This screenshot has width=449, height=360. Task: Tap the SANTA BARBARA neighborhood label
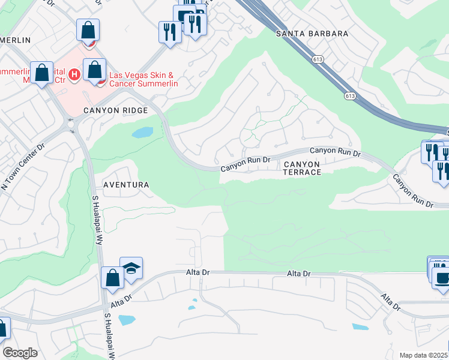pyautogui.click(x=312, y=34)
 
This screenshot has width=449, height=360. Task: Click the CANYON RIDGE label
pyautogui.click(x=115, y=110)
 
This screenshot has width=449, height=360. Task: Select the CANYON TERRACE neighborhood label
pyautogui.click(x=302, y=167)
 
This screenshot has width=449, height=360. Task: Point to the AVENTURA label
pyautogui.click(x=125, y=185)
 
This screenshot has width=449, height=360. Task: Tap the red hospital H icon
pyautogui.click(x=74, y=74)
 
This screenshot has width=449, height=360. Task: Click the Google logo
pyautogui.click(x=20, y=353)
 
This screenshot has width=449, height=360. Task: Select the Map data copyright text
pyautogui.click(x=424, y=355)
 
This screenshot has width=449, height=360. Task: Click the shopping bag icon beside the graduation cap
pyautogui.click(x=112, y=278)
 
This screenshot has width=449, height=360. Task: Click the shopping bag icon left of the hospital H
pyautogui.click(x=42, y=73)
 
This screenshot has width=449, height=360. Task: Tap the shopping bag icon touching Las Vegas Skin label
pyautogui.click(x=95, y=69)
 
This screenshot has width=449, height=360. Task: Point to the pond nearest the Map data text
pyautogui.click(x=360, y=327)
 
